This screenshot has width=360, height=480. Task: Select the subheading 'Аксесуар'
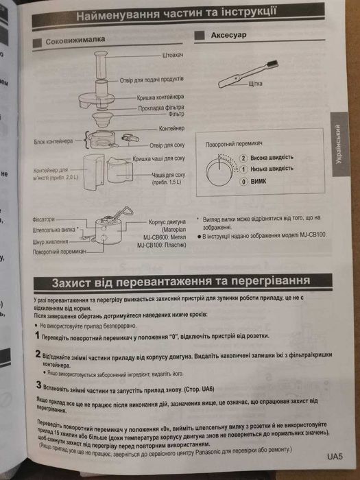point(229,34)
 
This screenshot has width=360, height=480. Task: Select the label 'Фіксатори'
point(48,219)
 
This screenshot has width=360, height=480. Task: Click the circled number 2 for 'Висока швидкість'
point(243,157)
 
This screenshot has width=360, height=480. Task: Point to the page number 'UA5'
point(334,455)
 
